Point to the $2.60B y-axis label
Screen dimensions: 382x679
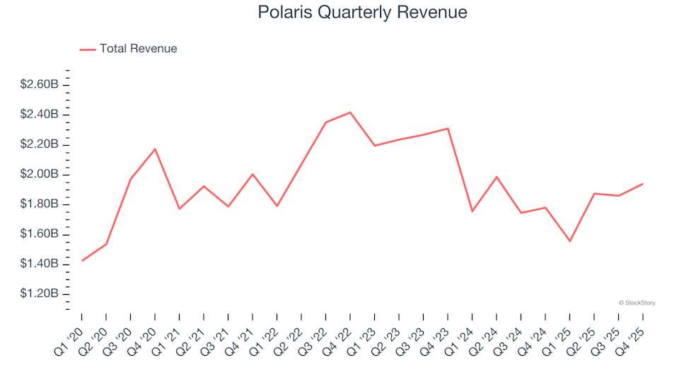[39, 85]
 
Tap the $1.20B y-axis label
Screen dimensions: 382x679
[39, 294]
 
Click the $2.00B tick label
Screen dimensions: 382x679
[39, 175]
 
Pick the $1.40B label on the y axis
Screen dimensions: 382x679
[39, 265]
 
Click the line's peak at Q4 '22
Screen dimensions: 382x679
[350, 112]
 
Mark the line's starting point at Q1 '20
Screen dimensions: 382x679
[82, 261]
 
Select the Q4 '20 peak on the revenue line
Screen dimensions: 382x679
[155, 149]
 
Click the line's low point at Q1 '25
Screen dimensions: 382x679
[569, 241]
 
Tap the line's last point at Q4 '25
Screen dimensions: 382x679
[642, 184]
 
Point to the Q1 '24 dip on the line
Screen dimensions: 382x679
[472, 212]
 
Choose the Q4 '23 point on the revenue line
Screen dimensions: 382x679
[448, 129]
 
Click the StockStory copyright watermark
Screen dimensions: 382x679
[637, 303]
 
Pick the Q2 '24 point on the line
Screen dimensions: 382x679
[497, 177]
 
